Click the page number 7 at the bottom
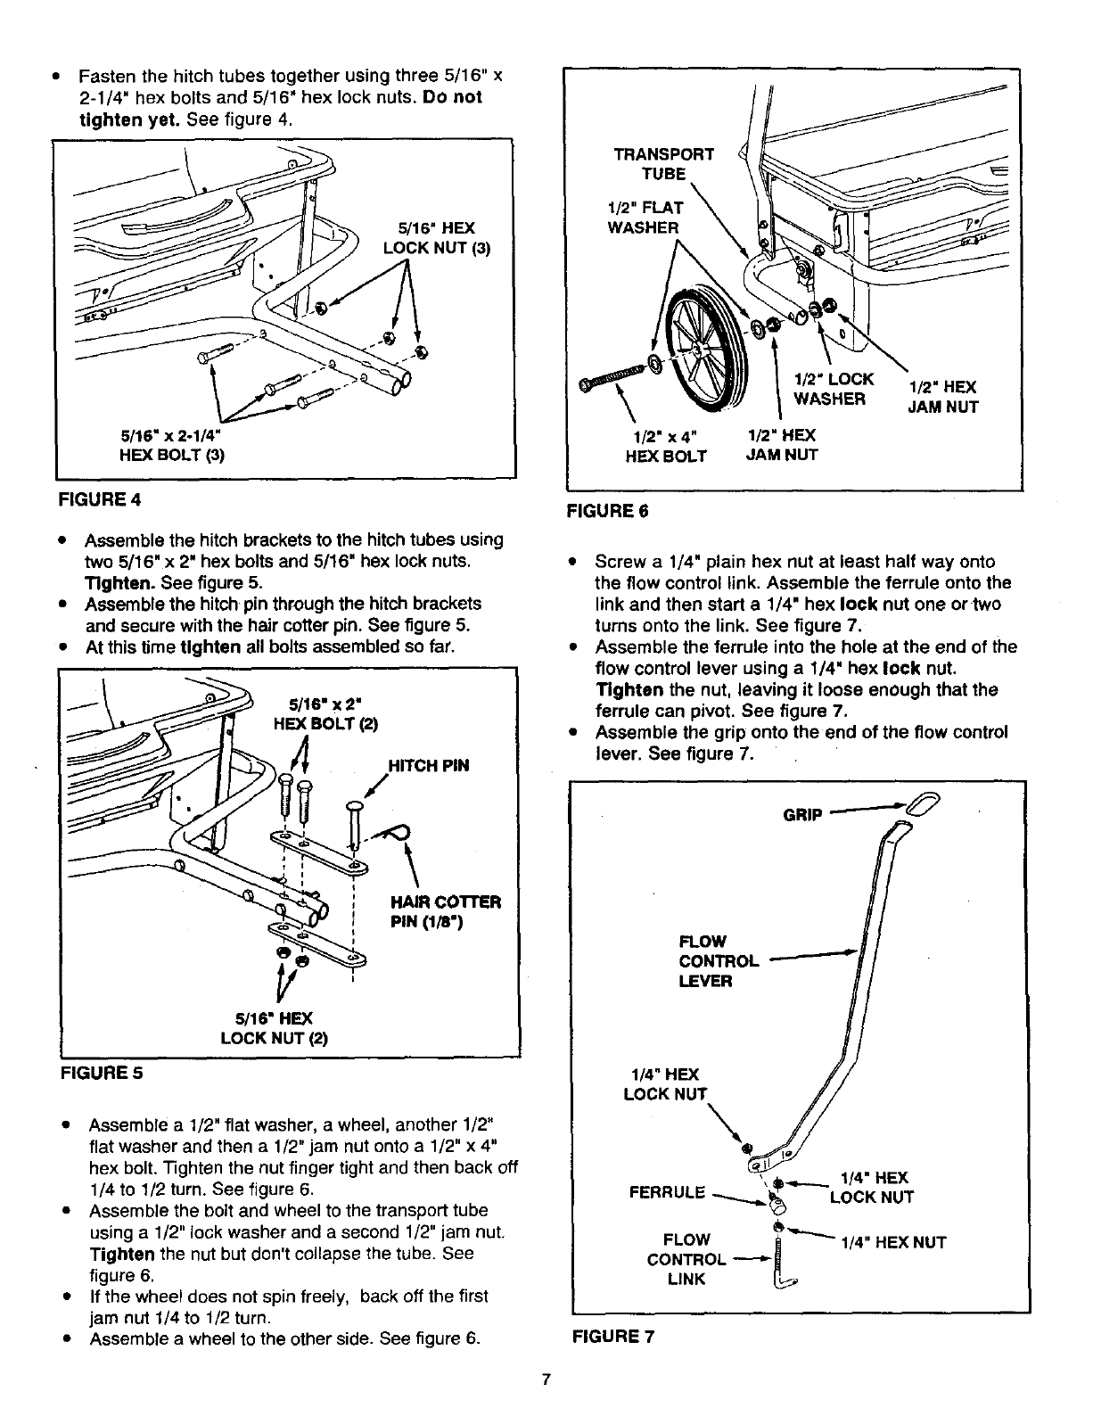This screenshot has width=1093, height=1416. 547,1381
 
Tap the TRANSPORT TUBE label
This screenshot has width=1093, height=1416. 664,163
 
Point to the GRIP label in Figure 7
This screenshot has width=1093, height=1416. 806,814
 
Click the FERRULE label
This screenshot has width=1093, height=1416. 667,1192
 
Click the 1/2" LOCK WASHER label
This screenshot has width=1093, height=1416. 834,388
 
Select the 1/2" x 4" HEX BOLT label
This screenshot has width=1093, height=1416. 668,446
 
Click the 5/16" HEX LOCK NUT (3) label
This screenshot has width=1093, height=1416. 436,237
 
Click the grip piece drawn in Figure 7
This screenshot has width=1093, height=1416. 919,811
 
